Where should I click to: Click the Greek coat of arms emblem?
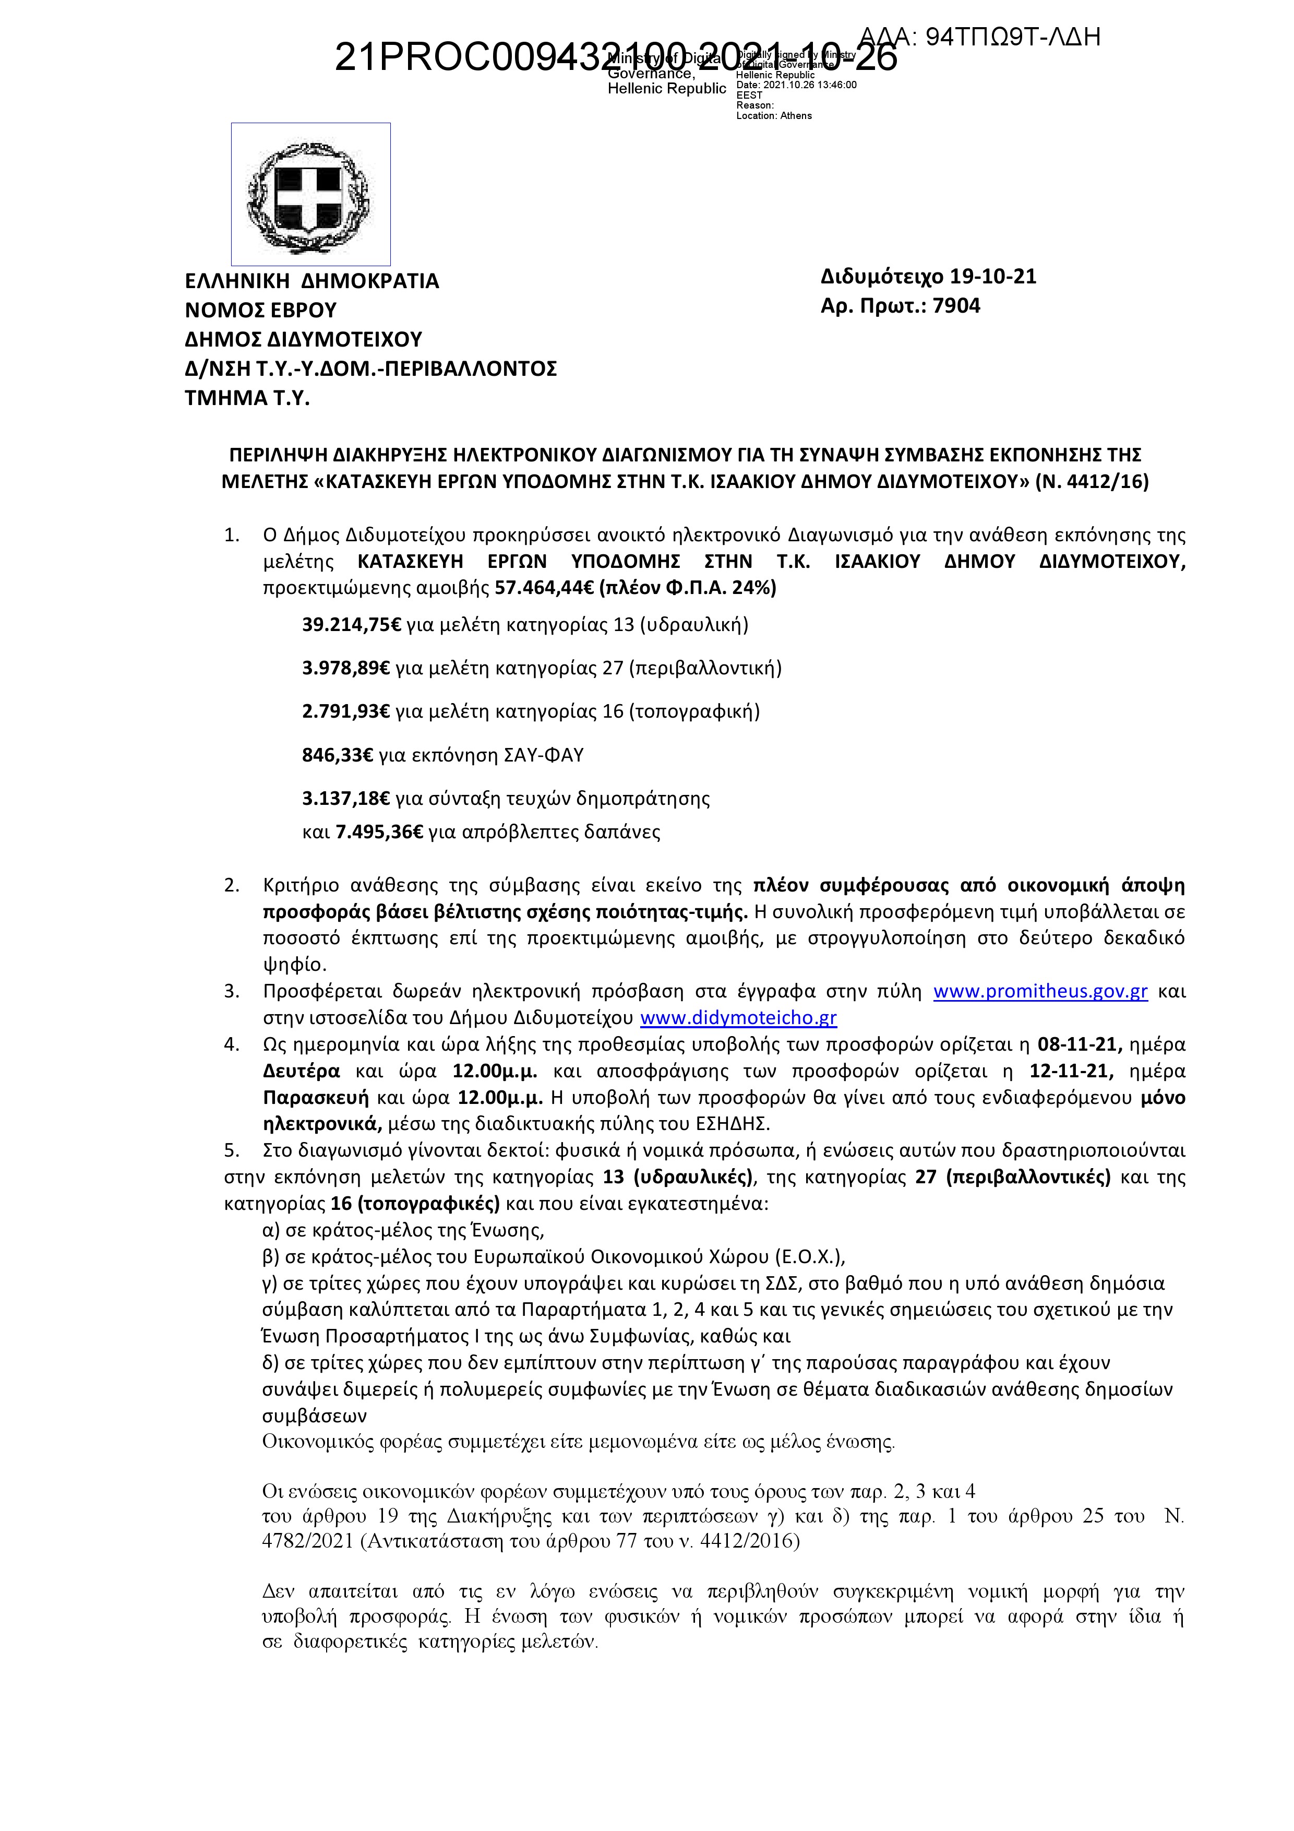311,194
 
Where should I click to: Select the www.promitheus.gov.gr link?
1040,991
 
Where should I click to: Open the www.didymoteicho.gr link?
738,1018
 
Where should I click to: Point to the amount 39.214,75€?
352,624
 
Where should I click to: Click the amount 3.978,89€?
346,668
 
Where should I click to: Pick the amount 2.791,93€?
346,711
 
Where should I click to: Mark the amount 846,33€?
337,754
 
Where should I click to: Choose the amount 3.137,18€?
346,798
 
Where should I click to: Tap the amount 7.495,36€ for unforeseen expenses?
379,833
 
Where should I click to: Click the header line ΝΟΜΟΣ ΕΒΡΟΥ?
261,310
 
